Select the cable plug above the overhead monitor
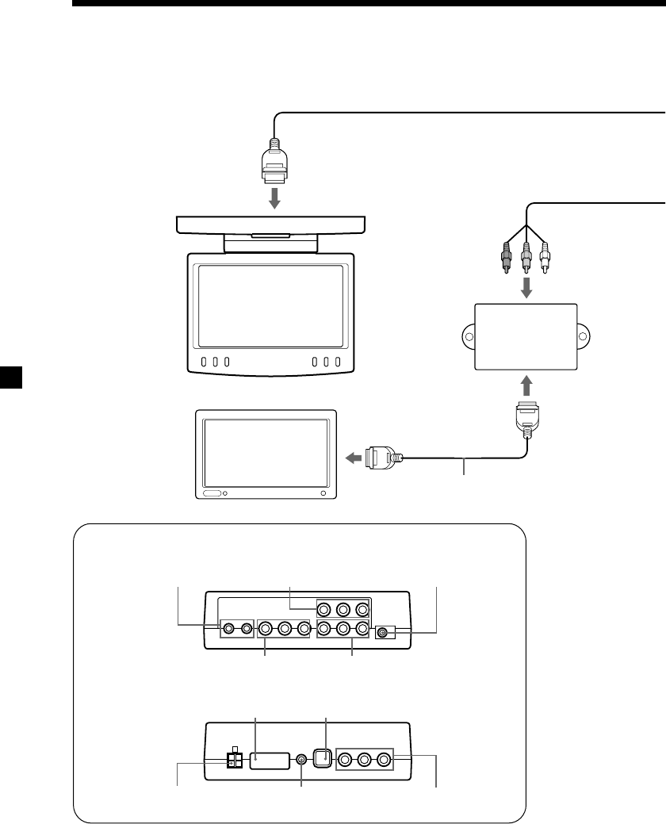click(x=274, y=162)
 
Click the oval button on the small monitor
click(x=212, y=493)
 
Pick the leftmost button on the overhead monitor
click(x=204, y=362)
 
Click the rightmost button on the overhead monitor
click(x=338, y=362)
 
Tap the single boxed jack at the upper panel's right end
click(x=384, y=633)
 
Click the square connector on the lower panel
click(x=321, y=758)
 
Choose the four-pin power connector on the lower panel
click(x=235, y=759)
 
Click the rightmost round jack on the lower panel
click(x=384, y=759)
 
